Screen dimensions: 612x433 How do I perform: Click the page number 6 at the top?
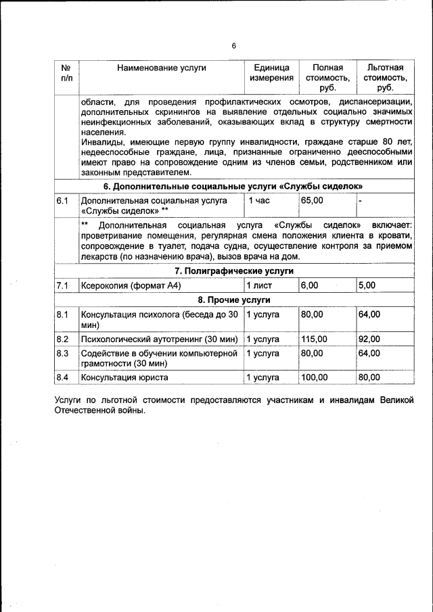pos(233,46)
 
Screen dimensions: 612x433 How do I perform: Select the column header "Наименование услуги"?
pos(161,68)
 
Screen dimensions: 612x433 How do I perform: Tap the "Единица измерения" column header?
pos(271,73)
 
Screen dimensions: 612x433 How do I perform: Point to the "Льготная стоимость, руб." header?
pos(385,78)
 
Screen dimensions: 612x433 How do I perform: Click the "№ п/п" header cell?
pos(66,73)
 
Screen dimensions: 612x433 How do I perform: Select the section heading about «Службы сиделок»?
pos(233,186)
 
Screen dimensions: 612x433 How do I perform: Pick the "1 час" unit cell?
pos(258,201)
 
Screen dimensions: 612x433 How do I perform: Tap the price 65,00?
pos(313,201)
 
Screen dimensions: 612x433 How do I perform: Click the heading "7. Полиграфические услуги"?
pos(234,270)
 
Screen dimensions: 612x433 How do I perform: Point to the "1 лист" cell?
pos(258,286)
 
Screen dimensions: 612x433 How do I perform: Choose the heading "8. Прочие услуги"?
pos(234,300)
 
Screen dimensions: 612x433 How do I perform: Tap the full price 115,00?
pos(315,339)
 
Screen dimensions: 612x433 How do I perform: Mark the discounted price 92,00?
pos(369,339)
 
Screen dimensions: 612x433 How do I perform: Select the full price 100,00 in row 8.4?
pos(315,377)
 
